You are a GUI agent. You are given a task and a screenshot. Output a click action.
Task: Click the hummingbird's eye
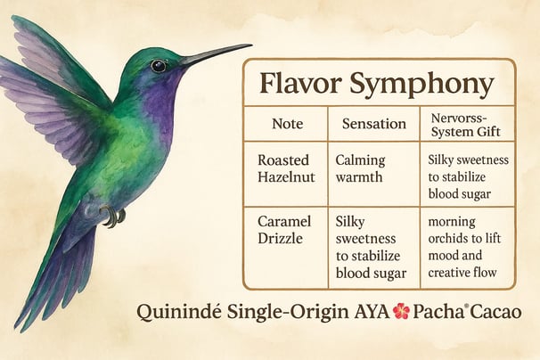point(158,65)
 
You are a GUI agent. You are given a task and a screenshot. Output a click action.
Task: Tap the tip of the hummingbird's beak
point(252,45)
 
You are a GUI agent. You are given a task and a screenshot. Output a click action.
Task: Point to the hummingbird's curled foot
point(112,216)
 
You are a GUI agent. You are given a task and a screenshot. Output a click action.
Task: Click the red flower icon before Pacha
point(401,311)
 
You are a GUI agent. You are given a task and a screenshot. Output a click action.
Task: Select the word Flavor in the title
point(300,83)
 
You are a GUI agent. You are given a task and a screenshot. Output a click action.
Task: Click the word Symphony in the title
point(421,85)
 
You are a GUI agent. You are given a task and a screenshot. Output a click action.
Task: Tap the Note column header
point(287,124)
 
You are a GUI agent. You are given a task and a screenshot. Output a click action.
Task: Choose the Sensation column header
point(374,124)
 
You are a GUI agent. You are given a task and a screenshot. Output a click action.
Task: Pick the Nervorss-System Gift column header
point(465,125)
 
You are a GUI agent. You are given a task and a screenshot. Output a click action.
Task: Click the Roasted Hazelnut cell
point(286,168)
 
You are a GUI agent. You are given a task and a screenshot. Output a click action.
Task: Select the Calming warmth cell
point(360,168)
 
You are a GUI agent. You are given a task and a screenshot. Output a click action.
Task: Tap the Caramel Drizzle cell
point(284,230)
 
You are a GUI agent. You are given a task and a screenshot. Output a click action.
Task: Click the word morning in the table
point(452,222)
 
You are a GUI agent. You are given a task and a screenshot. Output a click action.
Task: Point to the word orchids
point(447,238)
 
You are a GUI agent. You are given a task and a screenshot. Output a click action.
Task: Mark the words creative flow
point(462,273)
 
